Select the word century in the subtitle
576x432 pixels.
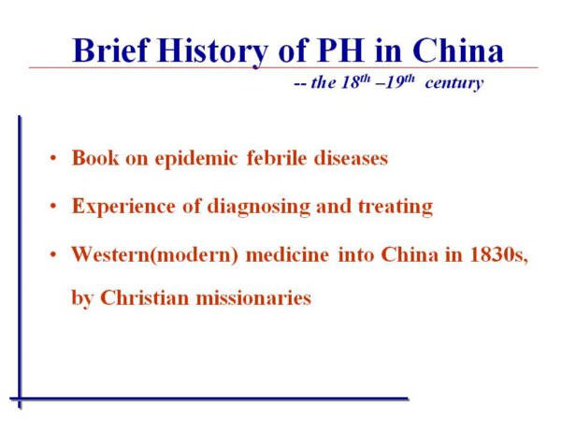pos(454,83)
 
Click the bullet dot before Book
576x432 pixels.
pos(53,158)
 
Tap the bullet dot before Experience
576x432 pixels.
pos(53,206)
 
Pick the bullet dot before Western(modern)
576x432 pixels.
pos(53,254)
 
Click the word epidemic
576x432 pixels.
pos(195,159)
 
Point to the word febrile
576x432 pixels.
pos(277,158)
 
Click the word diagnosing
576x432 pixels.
pos(259,207)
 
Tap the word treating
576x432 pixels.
pos(396,207)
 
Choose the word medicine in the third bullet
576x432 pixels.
pos(287,254)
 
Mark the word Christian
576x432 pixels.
pos(144,296)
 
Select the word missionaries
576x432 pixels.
pos(253,296)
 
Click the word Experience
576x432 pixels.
pos(123,207)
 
